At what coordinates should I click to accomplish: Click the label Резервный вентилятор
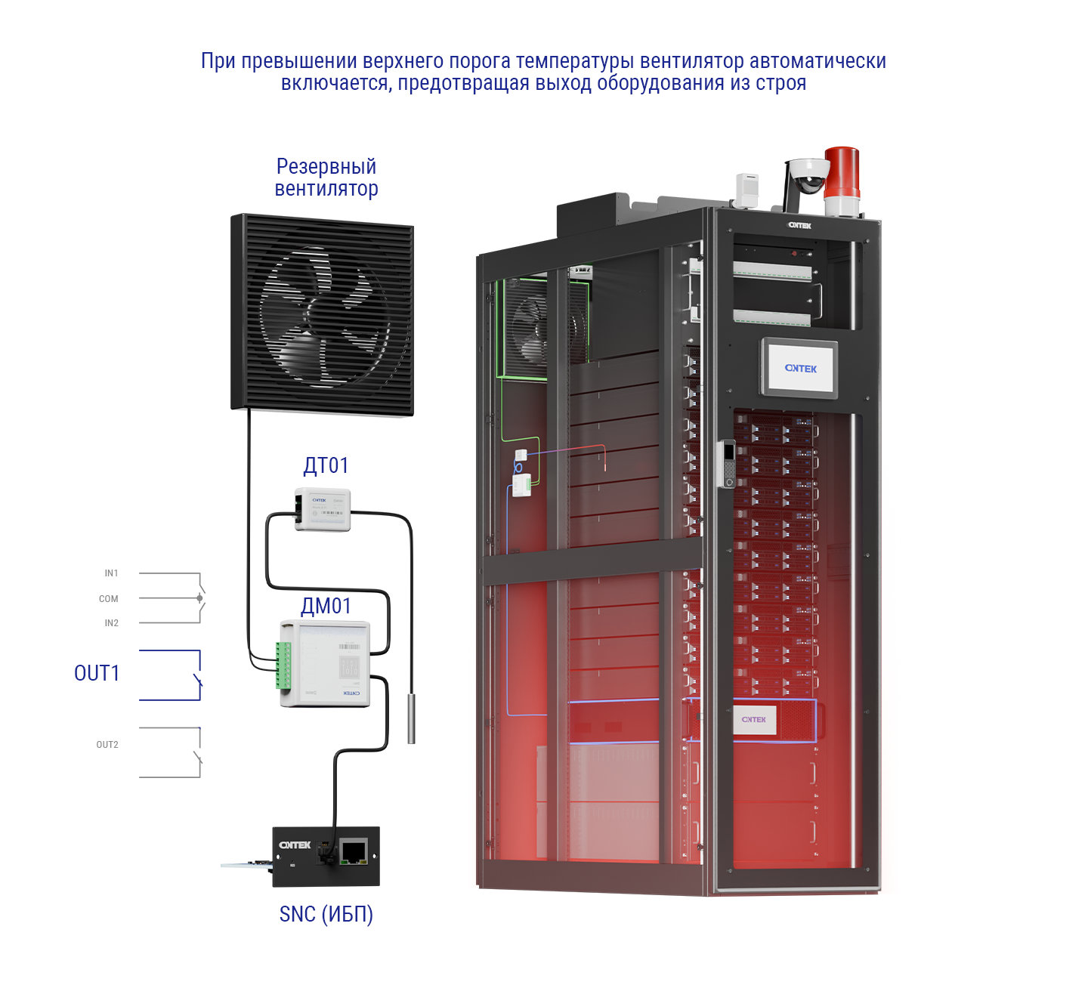pyautogui.click(x=326, y=177)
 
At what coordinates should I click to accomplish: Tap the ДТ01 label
pyautogui.click(x=326, y=465)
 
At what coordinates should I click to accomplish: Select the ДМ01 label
pyautogui.click(x=326, y=606)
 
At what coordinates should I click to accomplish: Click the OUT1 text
pyautogui.click(x=97, y=673)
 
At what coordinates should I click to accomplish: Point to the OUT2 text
pyautogui.click(x=107, y=745)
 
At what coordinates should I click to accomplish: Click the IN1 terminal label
pyautogui.click(x=111, y=573)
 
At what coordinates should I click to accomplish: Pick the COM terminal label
pyautogui.click(x=109, y=599)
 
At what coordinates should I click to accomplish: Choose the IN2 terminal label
pyautogui.click(x=111, y=623)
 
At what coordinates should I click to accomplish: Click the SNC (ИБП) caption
pyautogui.click(x=326, y=914)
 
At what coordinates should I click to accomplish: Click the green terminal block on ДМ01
pyautogui.click(x=283, y=665)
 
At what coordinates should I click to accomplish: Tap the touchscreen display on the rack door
pyautogui.click(x=799, y=368)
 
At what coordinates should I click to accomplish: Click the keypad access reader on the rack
pyautogui.click(x=728, y=463)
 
